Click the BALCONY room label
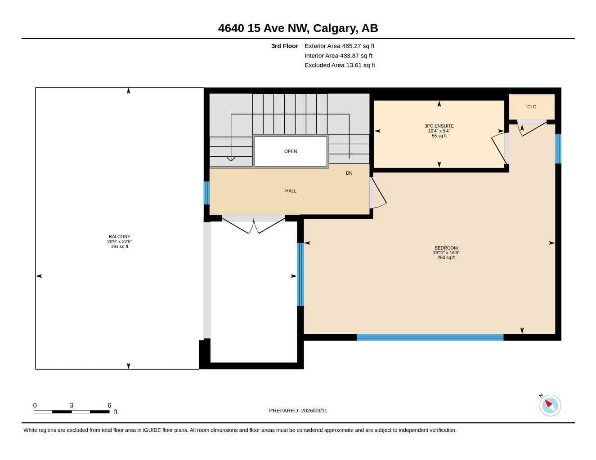[x=119, y=237]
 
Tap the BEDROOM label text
[x=446, y=248]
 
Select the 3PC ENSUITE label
[x=439, y=126]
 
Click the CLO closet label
[x=532, y=107]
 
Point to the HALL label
[x=291, y=191]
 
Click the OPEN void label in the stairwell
[x=291, y=151]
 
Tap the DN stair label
[x=349, y=173]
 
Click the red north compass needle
[x=548, y=403]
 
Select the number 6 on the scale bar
[x=109, y=405]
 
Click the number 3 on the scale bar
[x=72, y=405]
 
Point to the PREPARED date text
[x=298, y=411]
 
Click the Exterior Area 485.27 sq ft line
[x=339, y=46]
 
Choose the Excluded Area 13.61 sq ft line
[x=340, y=65]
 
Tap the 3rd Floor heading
[x=284, y=46]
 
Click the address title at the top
[x=298, y=28]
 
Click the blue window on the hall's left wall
[x=206, y=193]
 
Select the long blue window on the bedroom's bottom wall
[x=430, y=337]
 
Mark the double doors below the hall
[x=253, y=226]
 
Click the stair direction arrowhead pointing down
[x=231, y=159]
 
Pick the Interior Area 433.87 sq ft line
[x=338, y=56]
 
